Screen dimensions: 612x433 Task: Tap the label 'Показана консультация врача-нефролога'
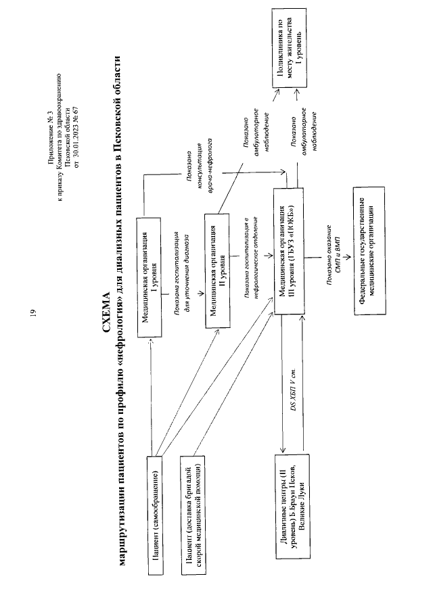(x=199, y=172)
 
